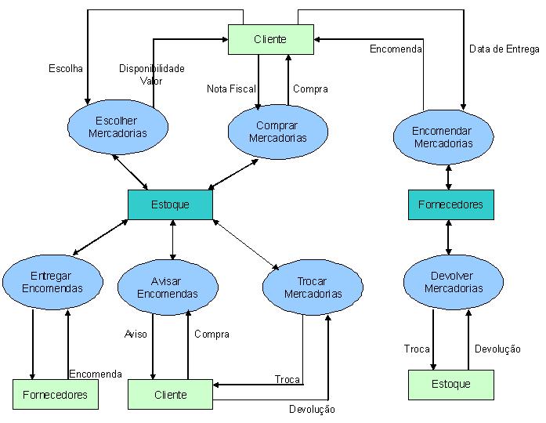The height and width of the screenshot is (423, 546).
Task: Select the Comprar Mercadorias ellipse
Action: pos(277,132)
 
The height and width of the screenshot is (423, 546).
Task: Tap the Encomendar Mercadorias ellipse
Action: pos(443,137)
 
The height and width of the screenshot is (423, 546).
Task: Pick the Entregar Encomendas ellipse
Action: pos(52,281)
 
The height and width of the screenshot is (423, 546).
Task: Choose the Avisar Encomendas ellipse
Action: pos(168,287)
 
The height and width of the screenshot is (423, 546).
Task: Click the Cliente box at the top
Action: pos(270,39)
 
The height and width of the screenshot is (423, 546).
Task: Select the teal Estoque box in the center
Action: pos(170,204)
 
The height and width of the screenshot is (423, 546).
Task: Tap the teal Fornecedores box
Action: pos(450,204)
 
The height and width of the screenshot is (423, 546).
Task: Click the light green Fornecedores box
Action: pos(55,395)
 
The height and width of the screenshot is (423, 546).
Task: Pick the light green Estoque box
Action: pos(451,384)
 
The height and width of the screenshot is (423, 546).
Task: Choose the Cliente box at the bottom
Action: pos(171,395)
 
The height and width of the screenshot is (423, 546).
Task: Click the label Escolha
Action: pos(66,69)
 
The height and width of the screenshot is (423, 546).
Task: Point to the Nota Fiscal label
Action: pos(231,89)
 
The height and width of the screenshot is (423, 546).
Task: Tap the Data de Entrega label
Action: pos(504,49)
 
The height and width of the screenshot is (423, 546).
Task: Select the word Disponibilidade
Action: pos(152,69)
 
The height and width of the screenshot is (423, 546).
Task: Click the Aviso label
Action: pos(136,334)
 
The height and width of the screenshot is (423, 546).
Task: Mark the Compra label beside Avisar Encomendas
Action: pos(212,334)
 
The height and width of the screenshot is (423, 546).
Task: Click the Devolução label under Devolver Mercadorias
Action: pos(497,349)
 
